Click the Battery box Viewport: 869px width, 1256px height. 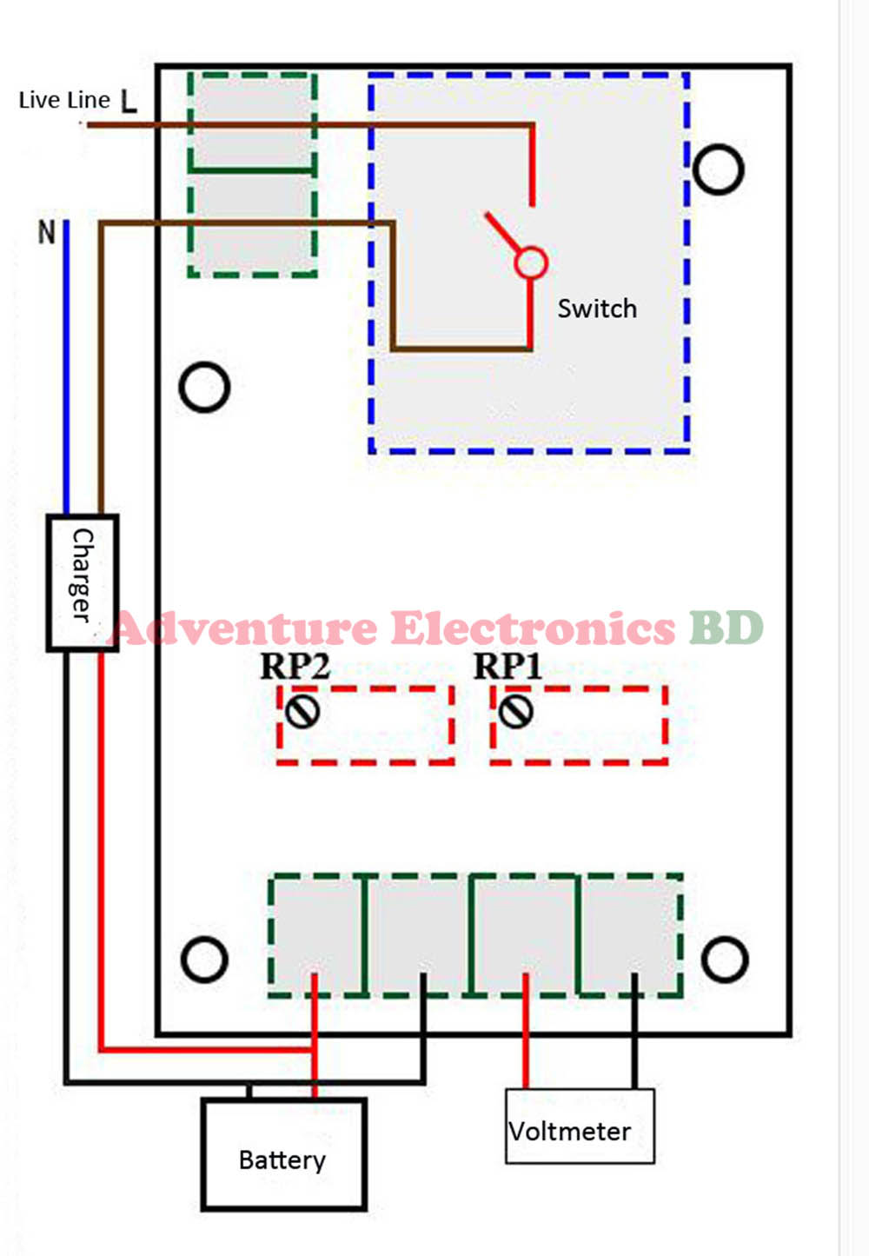[283, 1154]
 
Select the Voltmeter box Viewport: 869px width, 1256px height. [579, 1127]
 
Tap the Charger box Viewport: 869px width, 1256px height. [82, 582]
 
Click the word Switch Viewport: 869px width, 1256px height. [597, 309]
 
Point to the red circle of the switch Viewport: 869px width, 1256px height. [531, 262]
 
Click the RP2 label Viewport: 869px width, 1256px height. [295, 667]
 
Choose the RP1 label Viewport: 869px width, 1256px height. [507, 667]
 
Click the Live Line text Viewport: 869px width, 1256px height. [64, 101]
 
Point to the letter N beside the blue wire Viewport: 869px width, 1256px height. [46, 232]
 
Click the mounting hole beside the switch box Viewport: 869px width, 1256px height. [718, 169]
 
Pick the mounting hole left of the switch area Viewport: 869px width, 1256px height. [204, 387]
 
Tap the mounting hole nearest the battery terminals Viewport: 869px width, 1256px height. [204, 959]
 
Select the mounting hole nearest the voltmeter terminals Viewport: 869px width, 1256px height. [724, 959]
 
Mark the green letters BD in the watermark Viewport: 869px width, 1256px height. [726, 628]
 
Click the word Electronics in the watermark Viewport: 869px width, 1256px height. [532, 628]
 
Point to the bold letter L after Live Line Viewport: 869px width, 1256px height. [129, 102]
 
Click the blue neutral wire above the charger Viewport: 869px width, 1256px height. [66, 365]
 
